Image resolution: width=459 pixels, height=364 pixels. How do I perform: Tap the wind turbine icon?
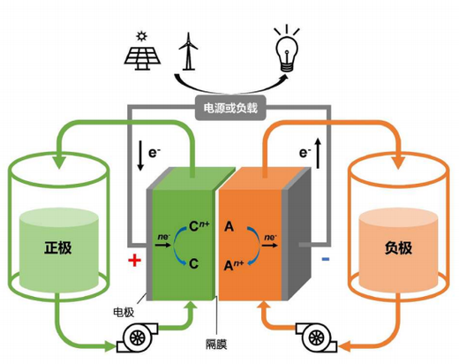click(188, 51)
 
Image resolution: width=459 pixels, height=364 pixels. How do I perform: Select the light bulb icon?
click(287, 49)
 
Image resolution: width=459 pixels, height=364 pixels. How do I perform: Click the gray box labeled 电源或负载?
click(230, 108)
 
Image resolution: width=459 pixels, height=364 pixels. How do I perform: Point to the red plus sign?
click(134, 260)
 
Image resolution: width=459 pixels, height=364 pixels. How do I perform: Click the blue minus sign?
click(326, 259)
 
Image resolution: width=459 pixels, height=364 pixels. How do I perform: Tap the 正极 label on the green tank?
click(58, 247)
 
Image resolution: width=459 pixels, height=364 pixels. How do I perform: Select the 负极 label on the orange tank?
click(398, 248)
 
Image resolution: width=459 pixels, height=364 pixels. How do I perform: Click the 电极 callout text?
click(124, 312)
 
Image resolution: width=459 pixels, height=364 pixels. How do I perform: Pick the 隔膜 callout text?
click(216, 344)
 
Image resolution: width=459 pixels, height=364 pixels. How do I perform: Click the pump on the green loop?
click(137, 337)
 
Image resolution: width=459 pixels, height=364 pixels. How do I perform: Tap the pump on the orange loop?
click(316, 337)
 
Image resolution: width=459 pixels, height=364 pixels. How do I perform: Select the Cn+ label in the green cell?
click(199, 226)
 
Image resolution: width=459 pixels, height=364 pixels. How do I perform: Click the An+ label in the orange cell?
click(234, 265)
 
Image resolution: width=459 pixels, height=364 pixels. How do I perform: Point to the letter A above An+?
click(229, 227)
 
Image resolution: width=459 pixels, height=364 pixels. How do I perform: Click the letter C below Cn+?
click(193, 263)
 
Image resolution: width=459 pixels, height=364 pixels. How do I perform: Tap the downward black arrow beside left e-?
click(140, 155)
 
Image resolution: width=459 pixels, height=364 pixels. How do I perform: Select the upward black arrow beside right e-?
click(318, 153)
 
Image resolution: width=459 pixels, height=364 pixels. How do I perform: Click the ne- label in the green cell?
click(164, 237)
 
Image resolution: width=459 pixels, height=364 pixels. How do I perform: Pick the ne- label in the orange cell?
click(270, 237)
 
